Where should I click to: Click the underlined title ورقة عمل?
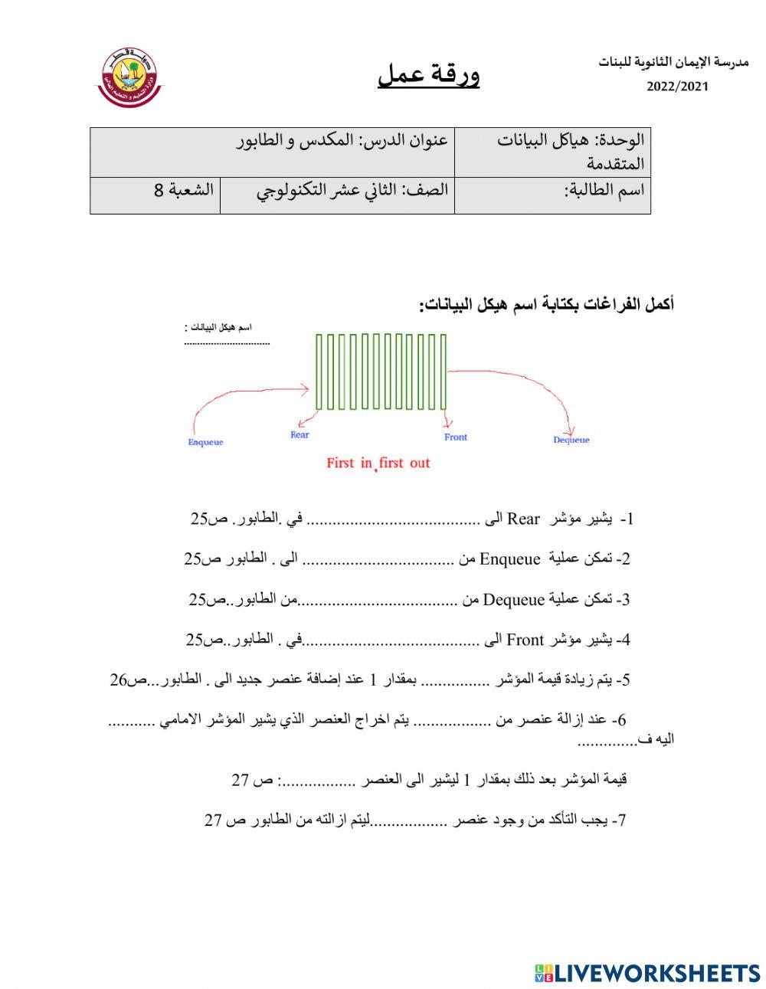[x=428, y=74]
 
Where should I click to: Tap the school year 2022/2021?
[x=677, y=87]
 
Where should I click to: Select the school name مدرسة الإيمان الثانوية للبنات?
[x=673, y=62]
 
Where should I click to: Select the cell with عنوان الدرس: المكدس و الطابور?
[x=342, y=141]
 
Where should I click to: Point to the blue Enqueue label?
[x=205, y=442]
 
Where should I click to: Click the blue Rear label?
[x=300, y=434]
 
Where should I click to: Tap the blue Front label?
[x=455, y=437]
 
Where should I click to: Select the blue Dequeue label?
[x=571, y=440]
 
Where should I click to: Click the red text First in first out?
[x=378, y=463]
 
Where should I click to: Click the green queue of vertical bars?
[x=381, y=372]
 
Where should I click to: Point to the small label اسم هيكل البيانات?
[x=218, y=328]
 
